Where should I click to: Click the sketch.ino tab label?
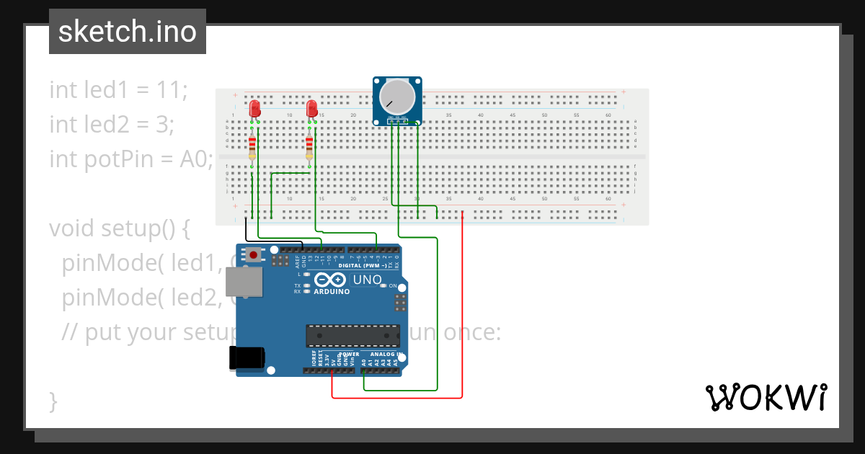pyautogui.click(x=127, y=32)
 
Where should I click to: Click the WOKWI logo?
pyautogui.click(x=765, y=397)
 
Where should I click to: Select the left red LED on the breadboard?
pyautogui.click(x=254, y=109)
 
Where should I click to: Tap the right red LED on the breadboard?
pyautogui.click(x=311, y=109)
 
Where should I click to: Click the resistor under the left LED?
pyautogui.click(x=252, y=148)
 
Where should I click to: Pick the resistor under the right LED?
pyautogui.click(x=309, y=148)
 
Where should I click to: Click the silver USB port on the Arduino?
pyautogui.click(x=243, y=282)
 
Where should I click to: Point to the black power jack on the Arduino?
pyautogui.click(x=247, y=358)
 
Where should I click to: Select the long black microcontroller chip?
pyautogui.click(x=352, y=336)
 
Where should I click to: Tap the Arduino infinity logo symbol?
pyautogui.click(x=331, y=280)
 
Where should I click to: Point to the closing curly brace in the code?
pyautogui.click(x=53, y=401)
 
